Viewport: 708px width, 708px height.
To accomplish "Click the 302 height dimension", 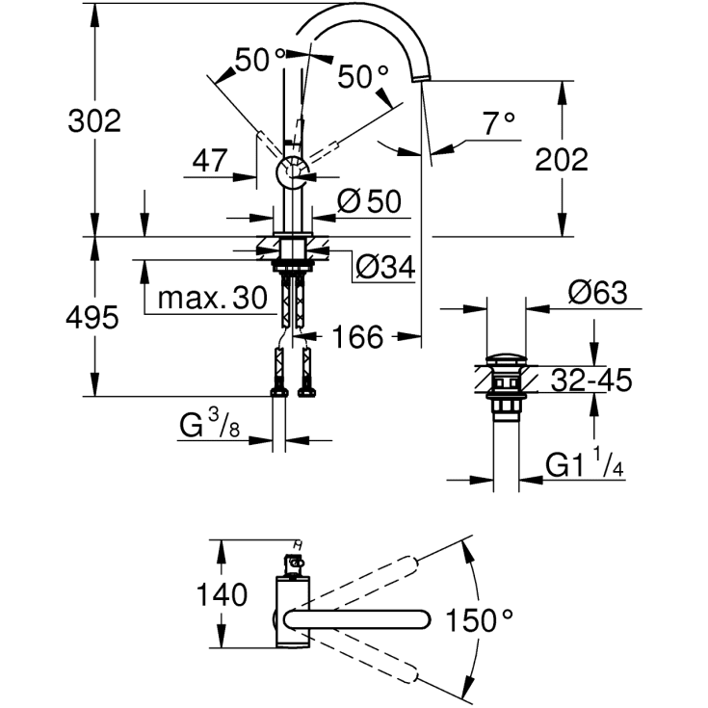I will [x=93, y=120].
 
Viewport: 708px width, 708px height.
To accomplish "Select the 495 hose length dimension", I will [x=93, y=317].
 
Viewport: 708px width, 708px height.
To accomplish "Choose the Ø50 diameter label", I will [x=369, y=201].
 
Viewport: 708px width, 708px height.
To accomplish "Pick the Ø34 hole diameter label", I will [x=384, y=267].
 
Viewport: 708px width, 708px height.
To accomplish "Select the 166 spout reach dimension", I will [x=358, y=336].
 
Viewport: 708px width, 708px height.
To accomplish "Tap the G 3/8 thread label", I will [x=209, y=424].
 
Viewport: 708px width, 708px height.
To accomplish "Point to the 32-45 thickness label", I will [x=591, y=381].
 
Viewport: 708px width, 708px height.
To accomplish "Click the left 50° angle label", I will [x=253, y=60].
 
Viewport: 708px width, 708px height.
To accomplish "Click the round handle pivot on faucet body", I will [x=292, y=173].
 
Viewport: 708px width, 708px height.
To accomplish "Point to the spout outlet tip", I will [x=421, y=80].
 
